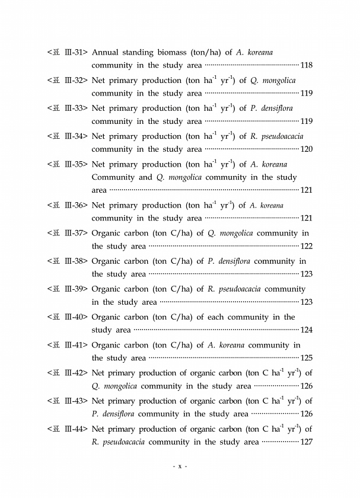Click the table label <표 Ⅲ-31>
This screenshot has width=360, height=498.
pyautogui.click(x=67, y=52)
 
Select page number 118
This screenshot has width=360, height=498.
pyautogui.click(x=307, y=65)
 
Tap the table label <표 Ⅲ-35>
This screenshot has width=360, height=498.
pyautogui.click(x=67, y=164)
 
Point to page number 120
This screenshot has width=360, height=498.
pyautogui.click(x=307, y=149)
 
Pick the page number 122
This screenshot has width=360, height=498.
pyautogui.click(x=307, y=247)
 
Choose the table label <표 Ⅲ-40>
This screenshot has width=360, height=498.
pyautogui.click(x=67, y=317)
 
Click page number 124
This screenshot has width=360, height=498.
pyautogui.click(x=307, y=330)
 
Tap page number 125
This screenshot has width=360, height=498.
pyautogui.click(x=307, y=358)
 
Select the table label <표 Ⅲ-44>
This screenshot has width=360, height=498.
pyautogui.click(x=67, y=429)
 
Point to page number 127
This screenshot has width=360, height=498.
pyautogui.click(x=307, y=442)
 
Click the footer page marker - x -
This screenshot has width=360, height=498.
pyautogui.click(x=180, y=467)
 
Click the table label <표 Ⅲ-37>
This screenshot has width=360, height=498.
pyautogui.click(x=67, y=234)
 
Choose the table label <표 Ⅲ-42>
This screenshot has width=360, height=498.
pyautogui.click(x=67, y=373)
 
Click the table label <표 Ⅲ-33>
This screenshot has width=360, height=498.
pyautogui.click(x=67, y=108)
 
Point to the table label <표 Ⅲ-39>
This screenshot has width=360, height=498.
pyautogui.click(x=67, y=289)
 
